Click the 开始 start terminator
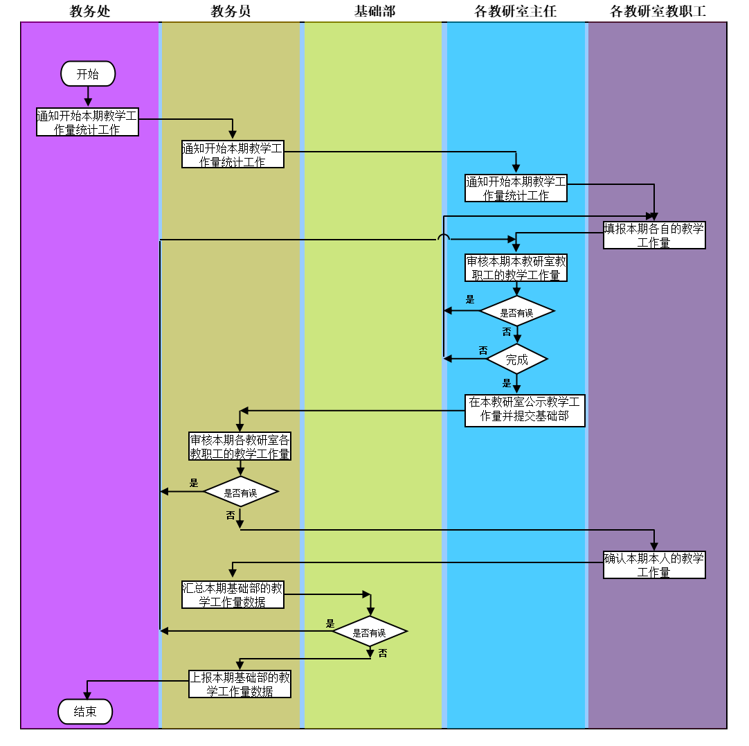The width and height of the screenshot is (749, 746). coord(88,73)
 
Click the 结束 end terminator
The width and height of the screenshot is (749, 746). coord(85,711)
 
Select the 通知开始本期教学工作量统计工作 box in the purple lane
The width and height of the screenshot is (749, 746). coord(87,122)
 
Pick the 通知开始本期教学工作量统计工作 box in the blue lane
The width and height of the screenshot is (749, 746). coord(516,188)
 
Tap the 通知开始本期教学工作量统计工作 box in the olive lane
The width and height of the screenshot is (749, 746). coord(233,154)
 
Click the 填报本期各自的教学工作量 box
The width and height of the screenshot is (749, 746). coord(654,235)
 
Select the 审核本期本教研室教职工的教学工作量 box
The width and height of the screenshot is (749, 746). coord(516,268)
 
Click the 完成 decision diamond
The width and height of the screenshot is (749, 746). coord(516,359)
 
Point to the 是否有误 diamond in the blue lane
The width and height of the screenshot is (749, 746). coord(516,312)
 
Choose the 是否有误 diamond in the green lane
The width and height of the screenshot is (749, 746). coord(369,632)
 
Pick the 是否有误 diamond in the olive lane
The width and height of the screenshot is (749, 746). coord(240,492)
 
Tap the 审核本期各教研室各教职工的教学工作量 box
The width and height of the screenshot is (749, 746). coord(240,447)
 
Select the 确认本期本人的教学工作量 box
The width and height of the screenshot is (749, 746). coord(654,565)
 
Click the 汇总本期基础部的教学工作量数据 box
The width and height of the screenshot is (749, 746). coord(233,595)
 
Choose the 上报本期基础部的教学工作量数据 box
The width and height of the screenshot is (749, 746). coord(240,684)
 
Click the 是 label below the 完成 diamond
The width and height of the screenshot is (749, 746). coord(507,383)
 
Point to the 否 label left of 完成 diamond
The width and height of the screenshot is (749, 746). coord(483,350)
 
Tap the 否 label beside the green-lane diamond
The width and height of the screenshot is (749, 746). coord(383,653)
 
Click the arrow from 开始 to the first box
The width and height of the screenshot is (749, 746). coord(88,96)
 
